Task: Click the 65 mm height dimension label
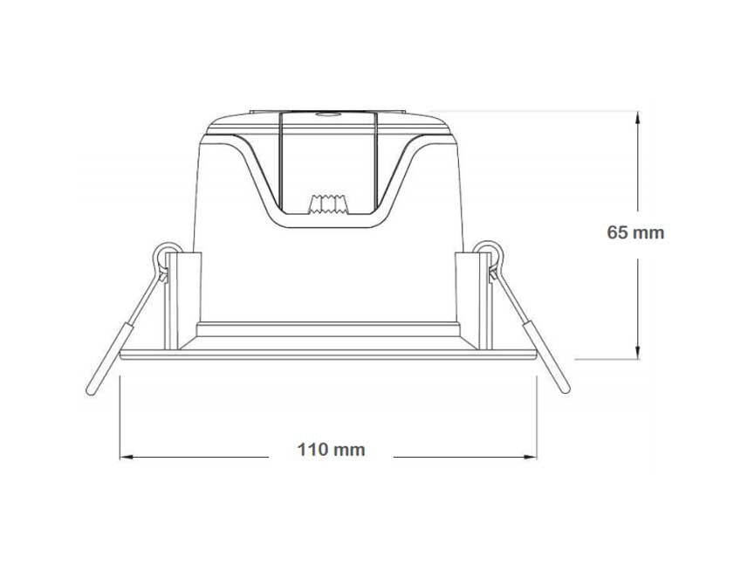(635, 232)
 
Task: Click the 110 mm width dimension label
(331, 450)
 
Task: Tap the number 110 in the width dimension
(312, 450)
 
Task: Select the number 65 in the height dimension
(617, 232)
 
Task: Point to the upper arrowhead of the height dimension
(638, 119)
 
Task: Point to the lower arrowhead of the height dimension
(638, 352)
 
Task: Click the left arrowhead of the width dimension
(127, 457)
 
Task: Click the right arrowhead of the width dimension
(530, 457)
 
